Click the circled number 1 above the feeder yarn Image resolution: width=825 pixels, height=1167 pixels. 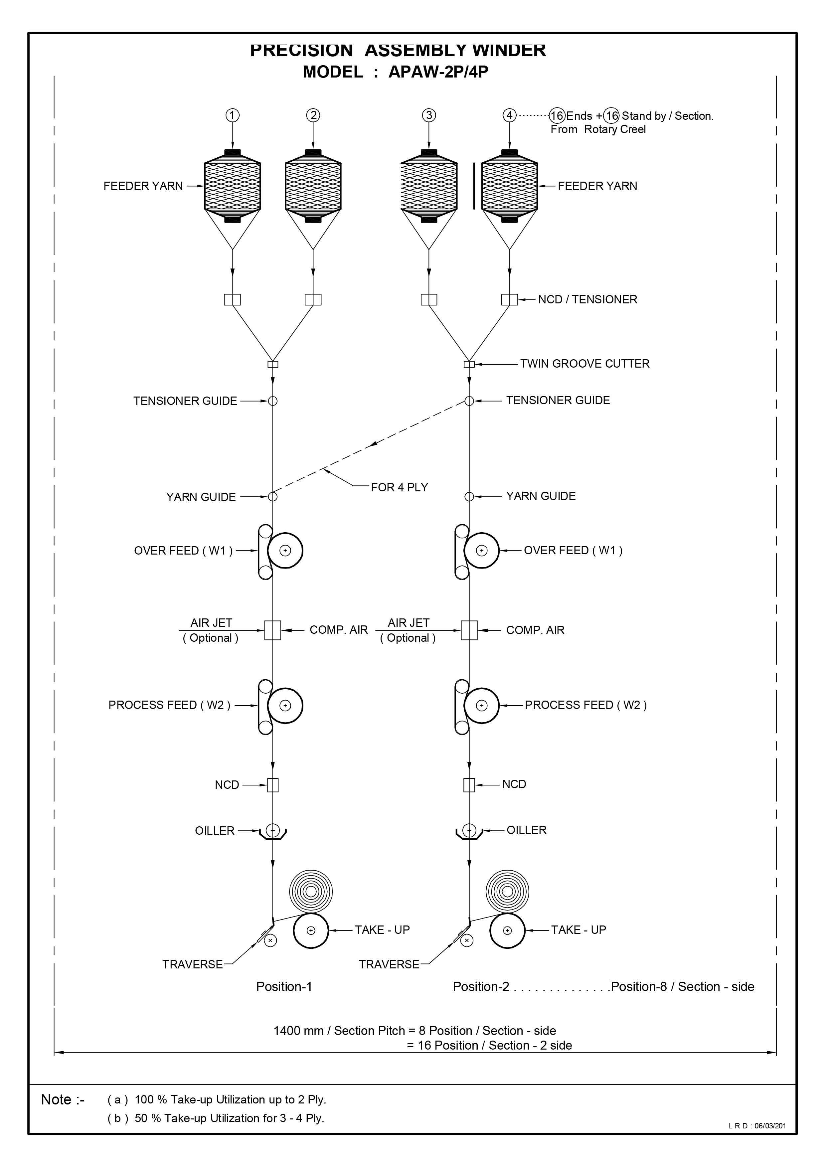click(232, 115)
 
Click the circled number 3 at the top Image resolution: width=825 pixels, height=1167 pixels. click(429, 115)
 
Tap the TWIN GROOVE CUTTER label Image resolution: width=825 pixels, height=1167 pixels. click(584, 364)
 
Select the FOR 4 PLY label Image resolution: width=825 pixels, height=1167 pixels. click(399, 487)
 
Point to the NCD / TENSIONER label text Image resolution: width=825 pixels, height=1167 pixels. click(587, 300)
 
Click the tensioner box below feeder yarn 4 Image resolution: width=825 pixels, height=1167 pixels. click(509, 300)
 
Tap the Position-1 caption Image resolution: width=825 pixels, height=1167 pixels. click(284, 987)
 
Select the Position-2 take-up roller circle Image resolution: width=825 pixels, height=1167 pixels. click(507, 931)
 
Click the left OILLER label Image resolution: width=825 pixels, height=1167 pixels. click(215, 831)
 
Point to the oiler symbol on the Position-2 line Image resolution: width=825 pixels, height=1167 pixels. click(469, 832)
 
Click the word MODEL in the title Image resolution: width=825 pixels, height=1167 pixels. click(333, 72)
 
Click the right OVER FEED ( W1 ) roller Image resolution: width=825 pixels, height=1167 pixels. click(481, 551)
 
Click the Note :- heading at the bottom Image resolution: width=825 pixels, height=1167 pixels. click(63, 1099)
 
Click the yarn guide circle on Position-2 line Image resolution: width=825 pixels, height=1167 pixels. click(469, 497)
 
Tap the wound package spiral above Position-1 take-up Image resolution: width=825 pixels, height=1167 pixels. click(311, 892)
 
